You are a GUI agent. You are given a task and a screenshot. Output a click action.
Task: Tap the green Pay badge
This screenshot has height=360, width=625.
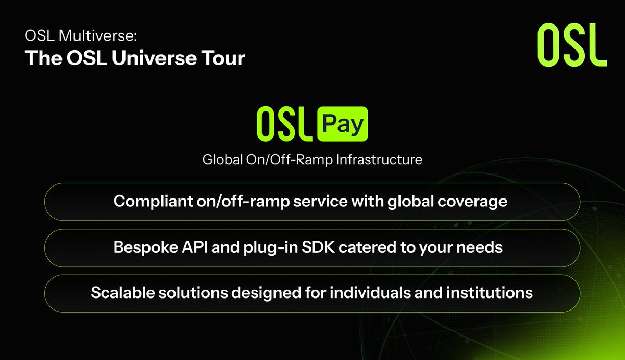click(343, 125)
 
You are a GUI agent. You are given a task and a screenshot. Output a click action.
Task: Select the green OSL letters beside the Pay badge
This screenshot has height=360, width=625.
click(283, 125)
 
